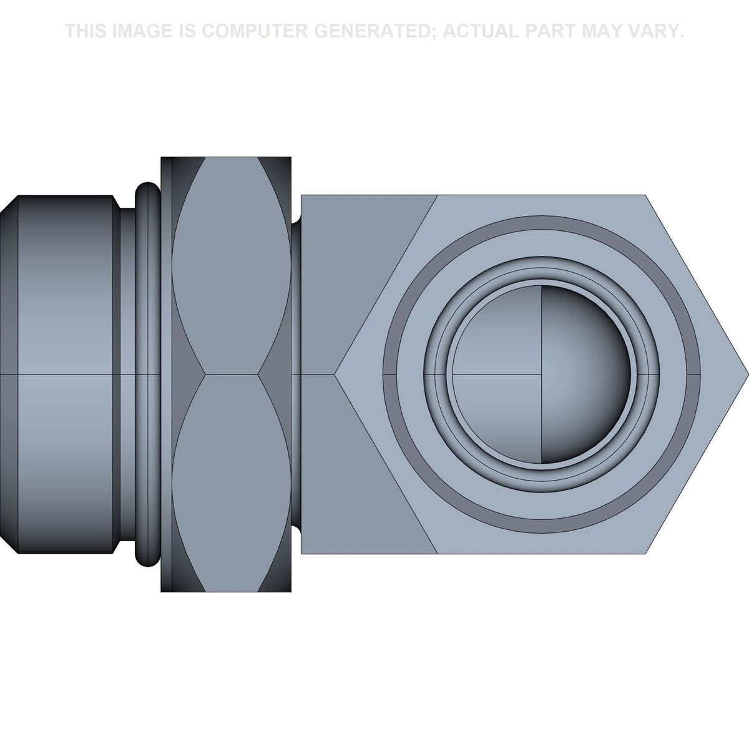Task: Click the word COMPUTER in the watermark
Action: click(255, 31)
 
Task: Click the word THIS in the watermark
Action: click(86, 31)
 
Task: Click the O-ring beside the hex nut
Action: click(148, 374)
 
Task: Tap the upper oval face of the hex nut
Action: click(232, 267)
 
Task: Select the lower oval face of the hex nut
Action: click(232, 483)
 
